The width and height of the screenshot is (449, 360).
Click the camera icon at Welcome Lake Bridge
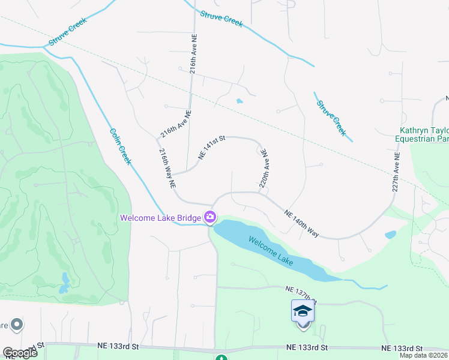(x=210, y=217)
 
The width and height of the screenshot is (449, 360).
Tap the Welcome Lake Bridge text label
(x=161, y=218)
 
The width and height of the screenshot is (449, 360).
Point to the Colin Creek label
(x=120, y=148)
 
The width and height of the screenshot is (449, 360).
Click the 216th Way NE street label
(x=166, y=169)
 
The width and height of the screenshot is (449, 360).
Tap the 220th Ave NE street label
(x=263, y=170)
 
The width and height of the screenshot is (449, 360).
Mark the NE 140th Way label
(x=301, y=223)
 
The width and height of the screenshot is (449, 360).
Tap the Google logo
(x=20, y=353)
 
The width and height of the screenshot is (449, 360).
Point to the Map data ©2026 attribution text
(x=424, y=355)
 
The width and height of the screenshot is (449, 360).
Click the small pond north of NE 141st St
(x=240, y=101)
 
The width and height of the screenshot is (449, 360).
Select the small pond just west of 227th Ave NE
(x=390, y=234)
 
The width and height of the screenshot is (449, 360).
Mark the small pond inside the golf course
(x=64, y=282)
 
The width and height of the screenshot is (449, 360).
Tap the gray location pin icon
(x=16, y=325)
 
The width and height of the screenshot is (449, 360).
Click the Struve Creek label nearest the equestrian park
(x=331, y=117)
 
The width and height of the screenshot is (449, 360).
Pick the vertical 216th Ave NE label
(x=194, y=52)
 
